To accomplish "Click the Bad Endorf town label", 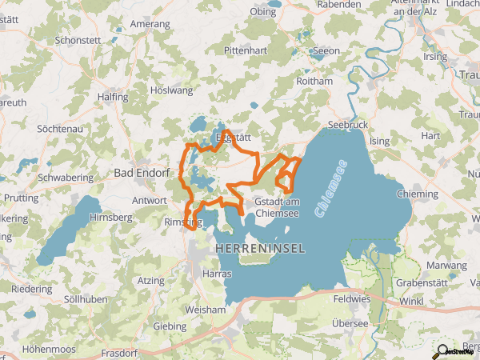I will [141, 172].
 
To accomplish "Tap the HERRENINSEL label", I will [260, 250].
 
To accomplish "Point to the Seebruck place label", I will [348, 126].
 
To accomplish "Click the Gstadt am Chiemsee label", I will [277, 206].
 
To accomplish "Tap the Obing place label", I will [264, 12].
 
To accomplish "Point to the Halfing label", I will [112, 97].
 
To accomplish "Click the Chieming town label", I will [418, 194].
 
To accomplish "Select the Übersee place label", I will [349, 323].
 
